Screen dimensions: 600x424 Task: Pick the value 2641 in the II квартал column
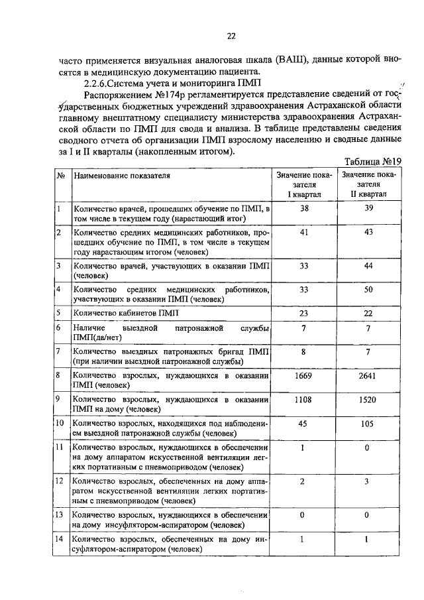[x=368, y=375]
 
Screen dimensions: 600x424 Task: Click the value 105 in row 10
[x=368, y=424]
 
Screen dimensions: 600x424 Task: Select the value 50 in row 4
[x=368, y=290]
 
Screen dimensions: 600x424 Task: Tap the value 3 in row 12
[x=368, y=481]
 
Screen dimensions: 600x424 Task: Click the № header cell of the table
[x=60, y=176]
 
